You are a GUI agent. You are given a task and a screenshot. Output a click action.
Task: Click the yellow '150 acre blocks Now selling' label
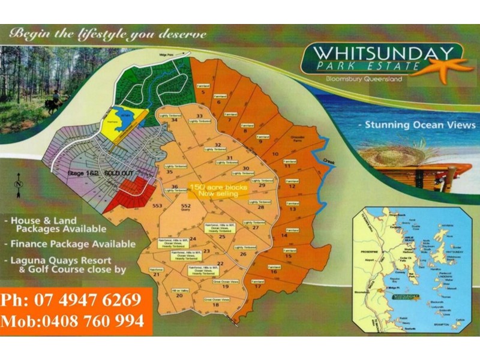click(x=218, y=190)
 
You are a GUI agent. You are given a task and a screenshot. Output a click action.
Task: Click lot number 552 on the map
click(x=185, y=206)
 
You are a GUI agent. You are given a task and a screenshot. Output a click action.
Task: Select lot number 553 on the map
click(x=158, y=206)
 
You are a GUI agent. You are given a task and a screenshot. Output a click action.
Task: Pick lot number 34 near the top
click(x=174, y=120)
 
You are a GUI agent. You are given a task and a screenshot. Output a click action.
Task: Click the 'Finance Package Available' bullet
click(x=72, y=244)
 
